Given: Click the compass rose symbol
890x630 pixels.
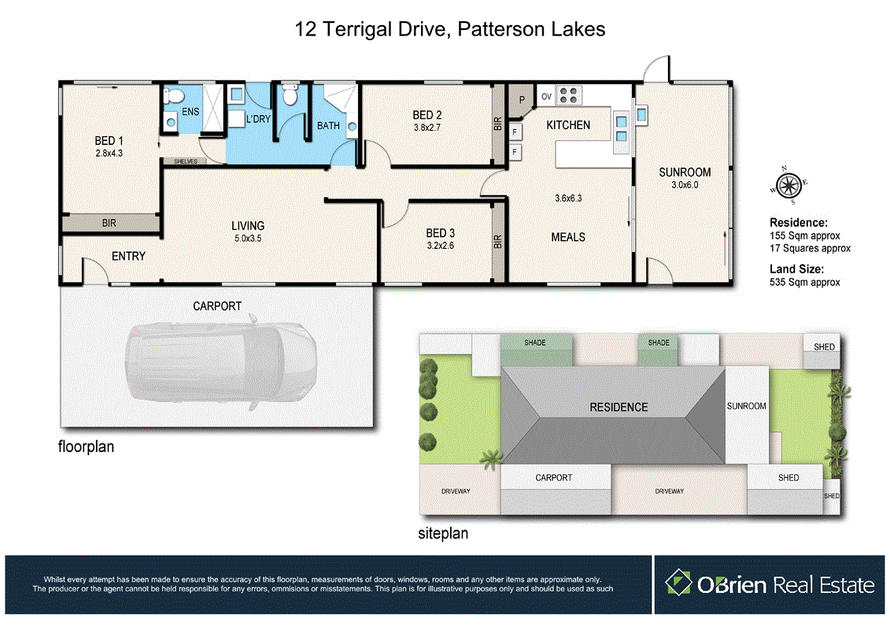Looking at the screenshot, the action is (788, 185).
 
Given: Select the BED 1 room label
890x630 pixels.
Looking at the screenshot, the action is (109, 140).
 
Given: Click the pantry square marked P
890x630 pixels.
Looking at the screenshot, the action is (521, 100).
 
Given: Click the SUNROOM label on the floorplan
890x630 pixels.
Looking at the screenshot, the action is (685, 172).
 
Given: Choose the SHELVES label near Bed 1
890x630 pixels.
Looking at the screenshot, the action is (186, 162).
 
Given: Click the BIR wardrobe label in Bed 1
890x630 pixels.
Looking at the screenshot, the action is (109, 223).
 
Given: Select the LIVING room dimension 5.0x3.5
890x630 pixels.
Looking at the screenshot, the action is (248, 239).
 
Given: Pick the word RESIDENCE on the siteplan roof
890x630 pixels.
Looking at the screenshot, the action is (619, 407).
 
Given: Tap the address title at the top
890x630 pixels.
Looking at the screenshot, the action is (449, 29).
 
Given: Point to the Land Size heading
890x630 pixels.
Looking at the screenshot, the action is (796, 269).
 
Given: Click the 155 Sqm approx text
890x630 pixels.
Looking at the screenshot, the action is (804, 235).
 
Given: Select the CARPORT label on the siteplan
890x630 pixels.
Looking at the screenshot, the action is (554, 478).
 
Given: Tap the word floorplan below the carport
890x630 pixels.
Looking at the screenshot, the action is (86, 447).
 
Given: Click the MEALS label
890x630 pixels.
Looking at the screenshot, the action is (568, 238).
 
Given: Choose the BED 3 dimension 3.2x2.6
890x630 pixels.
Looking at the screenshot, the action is (441, 246).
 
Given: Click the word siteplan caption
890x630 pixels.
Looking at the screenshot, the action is (443, 533).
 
